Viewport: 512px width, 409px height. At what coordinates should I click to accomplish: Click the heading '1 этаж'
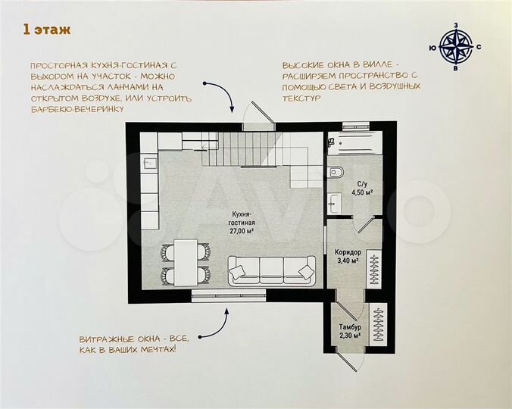tap(47, 30)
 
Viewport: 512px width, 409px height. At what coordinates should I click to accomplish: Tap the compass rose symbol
tap(455, 47)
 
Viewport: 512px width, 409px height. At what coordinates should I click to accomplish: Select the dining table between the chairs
tap(184, 261)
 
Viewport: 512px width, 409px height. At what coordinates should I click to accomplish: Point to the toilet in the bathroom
tap(336, 171)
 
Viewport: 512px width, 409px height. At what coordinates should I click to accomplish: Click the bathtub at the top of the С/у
tap(355, 141)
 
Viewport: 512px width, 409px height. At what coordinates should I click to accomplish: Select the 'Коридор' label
tap(348, 253)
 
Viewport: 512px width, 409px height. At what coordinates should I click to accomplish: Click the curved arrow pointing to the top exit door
tap(227, 97)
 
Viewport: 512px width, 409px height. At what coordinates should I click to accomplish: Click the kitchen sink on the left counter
tap(149, 161)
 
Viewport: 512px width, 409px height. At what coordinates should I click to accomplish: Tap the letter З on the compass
tap(455, 26)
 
